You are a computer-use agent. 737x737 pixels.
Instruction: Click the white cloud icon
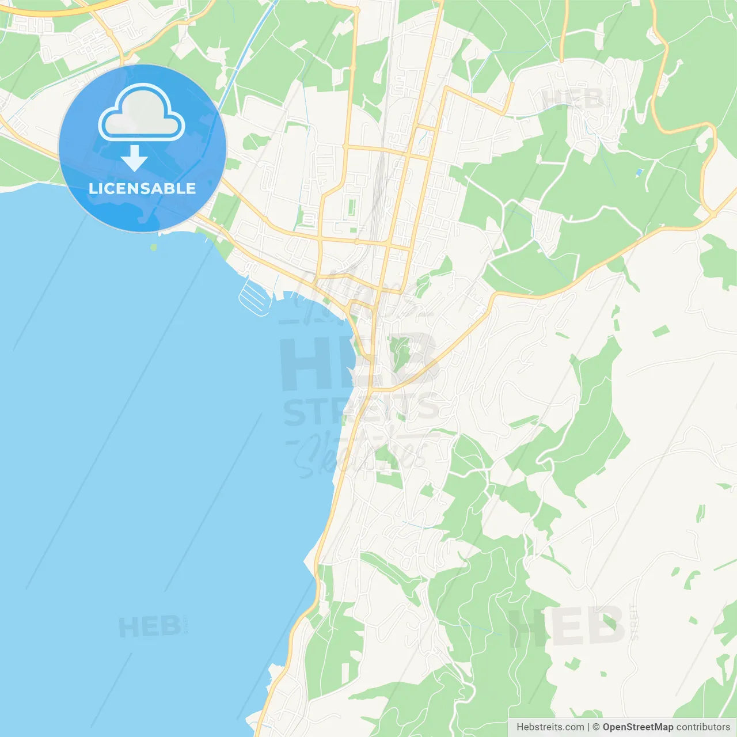tap(142, 115)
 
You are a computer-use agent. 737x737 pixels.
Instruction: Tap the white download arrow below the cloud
tap(134, 158)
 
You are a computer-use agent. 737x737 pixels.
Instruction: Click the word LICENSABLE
tap(142, 188)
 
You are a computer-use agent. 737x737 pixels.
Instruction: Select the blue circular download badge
tap(142, 148)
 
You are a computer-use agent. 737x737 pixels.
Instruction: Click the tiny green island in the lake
tap(153, 248)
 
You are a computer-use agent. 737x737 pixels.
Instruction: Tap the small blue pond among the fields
tap(639, 172)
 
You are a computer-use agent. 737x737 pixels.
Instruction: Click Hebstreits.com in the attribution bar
tap(550, 727)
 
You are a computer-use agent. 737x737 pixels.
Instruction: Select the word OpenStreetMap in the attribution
tap(637, 727)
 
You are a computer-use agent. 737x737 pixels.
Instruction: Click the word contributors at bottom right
tap(703, 727)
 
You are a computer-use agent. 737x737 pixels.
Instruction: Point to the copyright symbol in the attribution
tap(596, 727)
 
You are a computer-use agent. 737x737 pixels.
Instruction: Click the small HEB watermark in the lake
tap(149, 626)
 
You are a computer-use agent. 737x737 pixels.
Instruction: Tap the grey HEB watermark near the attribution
tap(567, 626)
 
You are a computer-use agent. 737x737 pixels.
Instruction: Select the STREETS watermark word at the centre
tap(361, 410)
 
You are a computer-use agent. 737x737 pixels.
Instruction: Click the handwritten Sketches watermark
tap(360, 455)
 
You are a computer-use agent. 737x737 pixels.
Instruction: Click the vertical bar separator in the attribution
tap(588, 727)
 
